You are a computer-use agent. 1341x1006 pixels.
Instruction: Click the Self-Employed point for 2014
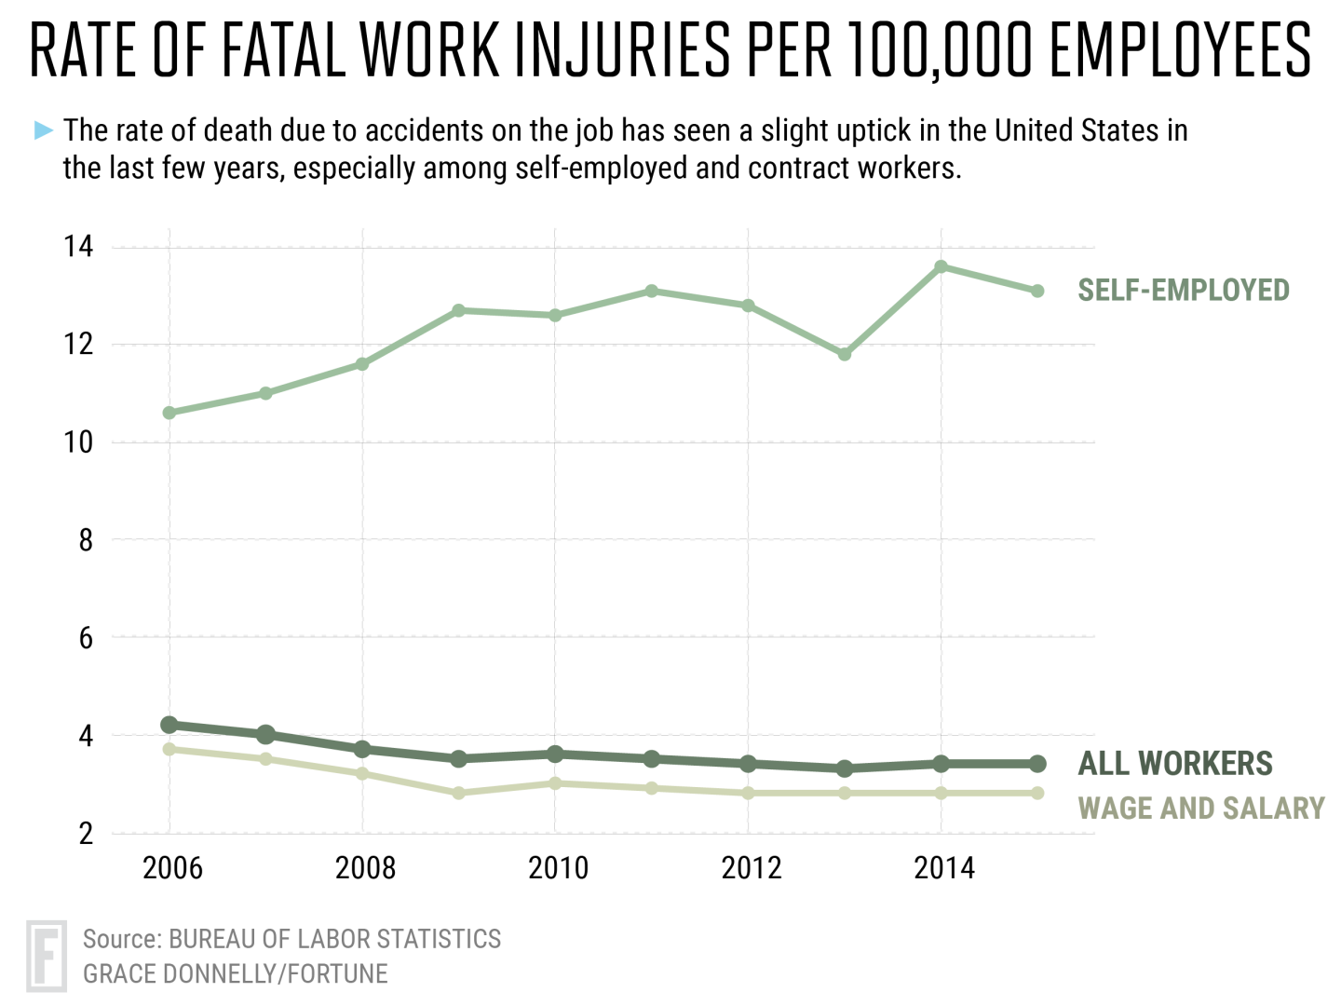941,267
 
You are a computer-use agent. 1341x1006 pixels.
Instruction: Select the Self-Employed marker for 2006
169,413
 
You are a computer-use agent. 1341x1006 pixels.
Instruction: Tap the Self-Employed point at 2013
845,354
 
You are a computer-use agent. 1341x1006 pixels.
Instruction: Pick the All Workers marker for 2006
169,725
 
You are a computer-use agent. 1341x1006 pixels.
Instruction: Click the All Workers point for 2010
555,754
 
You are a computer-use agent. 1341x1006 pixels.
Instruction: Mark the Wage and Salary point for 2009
458,793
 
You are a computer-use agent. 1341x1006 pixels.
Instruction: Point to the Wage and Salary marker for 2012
748,793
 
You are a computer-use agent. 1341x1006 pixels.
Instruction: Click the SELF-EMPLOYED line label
1183,291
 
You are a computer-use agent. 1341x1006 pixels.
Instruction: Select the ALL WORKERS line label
1174,764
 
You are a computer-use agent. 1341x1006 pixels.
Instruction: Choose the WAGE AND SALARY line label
1200,808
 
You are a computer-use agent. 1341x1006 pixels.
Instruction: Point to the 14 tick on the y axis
78,247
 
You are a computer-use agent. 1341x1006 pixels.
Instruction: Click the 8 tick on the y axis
86,540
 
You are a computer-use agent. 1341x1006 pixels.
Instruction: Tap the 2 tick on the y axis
86,833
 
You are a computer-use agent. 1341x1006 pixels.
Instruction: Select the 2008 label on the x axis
365,868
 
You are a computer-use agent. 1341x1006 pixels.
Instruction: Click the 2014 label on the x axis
943,868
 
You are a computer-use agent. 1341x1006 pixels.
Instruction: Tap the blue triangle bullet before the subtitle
44,130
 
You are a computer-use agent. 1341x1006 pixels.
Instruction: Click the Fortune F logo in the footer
47,956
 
